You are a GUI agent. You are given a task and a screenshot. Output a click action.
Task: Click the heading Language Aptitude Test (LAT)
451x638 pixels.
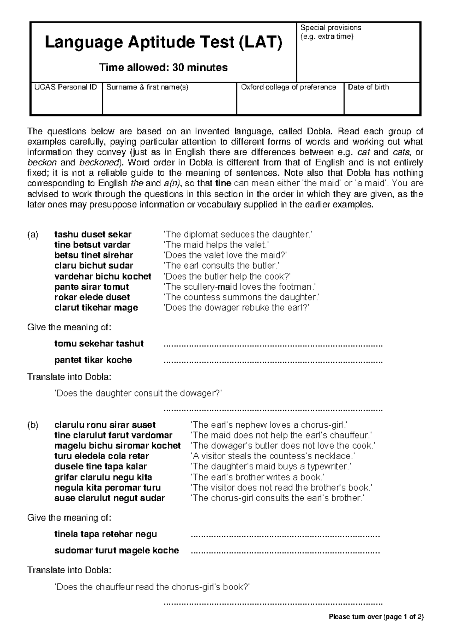click(x=163, y=43)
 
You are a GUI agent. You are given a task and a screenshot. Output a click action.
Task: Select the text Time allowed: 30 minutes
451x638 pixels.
click(x=163, y=68)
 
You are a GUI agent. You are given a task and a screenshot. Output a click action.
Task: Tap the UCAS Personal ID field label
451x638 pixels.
click(x=66, y=87)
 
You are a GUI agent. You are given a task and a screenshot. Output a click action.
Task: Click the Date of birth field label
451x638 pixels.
click(x=368, y=87)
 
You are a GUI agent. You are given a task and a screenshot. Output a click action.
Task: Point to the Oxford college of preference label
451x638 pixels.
click(x=288, y=87)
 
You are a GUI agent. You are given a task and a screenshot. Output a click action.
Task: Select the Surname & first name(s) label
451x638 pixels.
click(x=147, y=87)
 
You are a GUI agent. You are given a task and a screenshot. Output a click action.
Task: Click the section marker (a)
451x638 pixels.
click(x=33, y=235)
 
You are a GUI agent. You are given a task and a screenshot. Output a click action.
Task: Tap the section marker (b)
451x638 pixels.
click(x=33, y=425)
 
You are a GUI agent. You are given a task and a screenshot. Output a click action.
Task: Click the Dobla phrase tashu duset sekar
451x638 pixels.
click(x=93, y=235)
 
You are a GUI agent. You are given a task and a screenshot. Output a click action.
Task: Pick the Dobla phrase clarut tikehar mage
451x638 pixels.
click(x=96, y=308)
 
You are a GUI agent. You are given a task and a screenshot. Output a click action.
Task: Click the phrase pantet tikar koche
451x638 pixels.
click(x=93, y=360)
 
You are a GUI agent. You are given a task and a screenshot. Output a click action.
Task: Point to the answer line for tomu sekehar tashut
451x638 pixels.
click(x=273, y=345)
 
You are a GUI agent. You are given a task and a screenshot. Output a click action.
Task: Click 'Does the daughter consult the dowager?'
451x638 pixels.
click(x=139, y=393)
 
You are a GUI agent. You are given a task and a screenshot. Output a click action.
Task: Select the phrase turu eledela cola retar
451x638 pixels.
click(x=101, y=456)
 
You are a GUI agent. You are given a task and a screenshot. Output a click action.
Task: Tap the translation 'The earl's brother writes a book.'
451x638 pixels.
click(x=257, y=477)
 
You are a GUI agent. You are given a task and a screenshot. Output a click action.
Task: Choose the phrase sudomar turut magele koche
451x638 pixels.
click(x=117, y=551)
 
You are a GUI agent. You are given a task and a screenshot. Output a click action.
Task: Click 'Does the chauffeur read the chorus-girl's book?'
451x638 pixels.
click(x=152, y=587)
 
